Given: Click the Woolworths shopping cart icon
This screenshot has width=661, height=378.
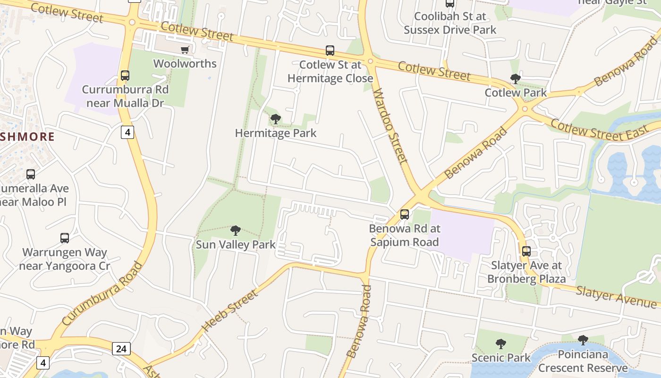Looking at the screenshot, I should click(185, 50).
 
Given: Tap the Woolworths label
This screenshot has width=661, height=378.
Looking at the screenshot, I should click(185, 63).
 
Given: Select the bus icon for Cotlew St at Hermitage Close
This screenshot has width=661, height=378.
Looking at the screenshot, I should click(330, 51).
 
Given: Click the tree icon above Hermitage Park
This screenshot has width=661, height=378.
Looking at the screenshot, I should click(276, 119).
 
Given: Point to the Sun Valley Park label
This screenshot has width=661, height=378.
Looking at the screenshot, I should click(236, 245).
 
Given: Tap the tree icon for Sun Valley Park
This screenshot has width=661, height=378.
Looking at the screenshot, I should click(235, 231).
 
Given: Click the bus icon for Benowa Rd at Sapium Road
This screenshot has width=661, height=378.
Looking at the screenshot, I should click(405, 215).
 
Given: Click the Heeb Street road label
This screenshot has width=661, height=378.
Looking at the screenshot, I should click(230, 310).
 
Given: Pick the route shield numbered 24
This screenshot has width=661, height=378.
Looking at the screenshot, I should click(121, 349).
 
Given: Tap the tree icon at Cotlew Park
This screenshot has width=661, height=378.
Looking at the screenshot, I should click(516, 79).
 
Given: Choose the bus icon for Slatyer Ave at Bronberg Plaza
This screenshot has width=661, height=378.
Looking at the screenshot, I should click(526, 251).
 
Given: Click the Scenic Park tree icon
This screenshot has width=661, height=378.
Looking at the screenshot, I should click(501, 344).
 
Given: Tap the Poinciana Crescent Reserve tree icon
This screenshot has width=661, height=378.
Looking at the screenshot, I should click(583, 340).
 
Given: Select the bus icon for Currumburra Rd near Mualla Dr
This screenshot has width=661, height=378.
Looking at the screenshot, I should click(125, 76).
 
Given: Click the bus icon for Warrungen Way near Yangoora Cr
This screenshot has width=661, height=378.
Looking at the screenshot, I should click(65, 238).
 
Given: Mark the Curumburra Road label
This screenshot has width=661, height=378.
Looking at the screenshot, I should click(101, 294).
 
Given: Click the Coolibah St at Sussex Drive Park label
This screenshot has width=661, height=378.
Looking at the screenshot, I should click(450, 23).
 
